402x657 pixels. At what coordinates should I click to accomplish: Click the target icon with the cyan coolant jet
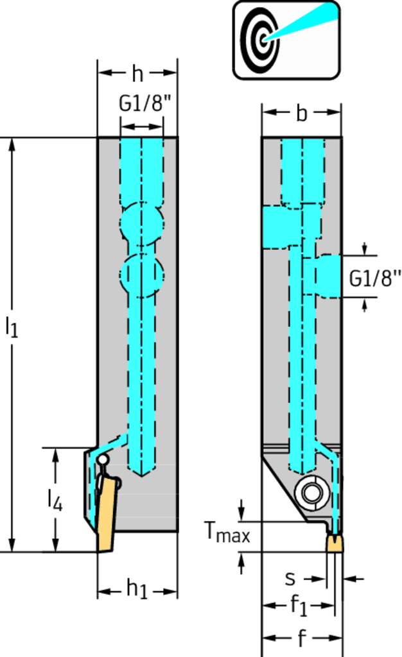coord(286,40)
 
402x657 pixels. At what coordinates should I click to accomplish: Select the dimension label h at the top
coord(137,73)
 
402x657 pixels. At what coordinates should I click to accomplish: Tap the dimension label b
coord(301,113)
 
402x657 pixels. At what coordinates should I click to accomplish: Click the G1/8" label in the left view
coord(146,103)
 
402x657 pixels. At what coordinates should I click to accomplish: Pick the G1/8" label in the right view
coord(375,278)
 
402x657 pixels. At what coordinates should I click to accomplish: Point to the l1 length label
coord(12,326)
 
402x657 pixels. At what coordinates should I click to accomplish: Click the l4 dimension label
coord(55,500)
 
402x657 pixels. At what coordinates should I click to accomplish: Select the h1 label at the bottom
coord(137,590)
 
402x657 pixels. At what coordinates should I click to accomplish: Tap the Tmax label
coord(227,532)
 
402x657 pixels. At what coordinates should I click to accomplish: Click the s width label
coord(290,579)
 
